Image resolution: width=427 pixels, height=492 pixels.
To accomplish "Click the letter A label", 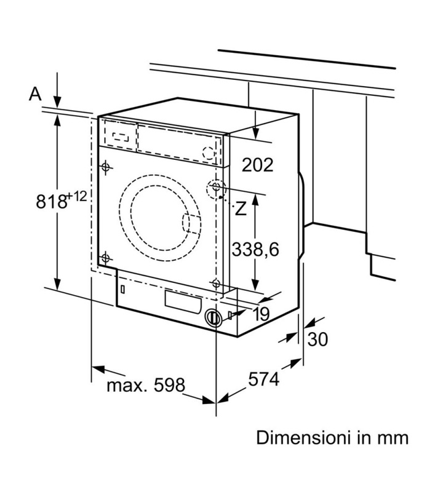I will coord(35,93).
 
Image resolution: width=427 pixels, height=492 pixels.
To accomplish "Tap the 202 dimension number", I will coord(257,164).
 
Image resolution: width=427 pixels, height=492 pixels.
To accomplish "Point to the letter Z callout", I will coord(241,208).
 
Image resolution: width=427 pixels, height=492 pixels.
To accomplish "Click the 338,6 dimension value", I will coord(255,248).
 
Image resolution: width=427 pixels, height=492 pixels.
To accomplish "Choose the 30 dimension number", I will coord(317,339).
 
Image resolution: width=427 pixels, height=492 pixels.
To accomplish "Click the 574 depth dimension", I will coord(265,379).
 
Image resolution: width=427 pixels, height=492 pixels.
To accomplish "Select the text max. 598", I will coord(146,386).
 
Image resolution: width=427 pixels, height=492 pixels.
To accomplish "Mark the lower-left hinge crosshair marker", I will coord(106,258).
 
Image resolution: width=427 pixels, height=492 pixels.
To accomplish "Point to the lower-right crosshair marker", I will coord(215,283).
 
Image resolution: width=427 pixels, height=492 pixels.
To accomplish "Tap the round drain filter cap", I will coord(212,317).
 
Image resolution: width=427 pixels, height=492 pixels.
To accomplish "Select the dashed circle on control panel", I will coord(210,153).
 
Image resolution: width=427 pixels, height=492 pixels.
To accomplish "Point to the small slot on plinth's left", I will coord(122,288).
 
